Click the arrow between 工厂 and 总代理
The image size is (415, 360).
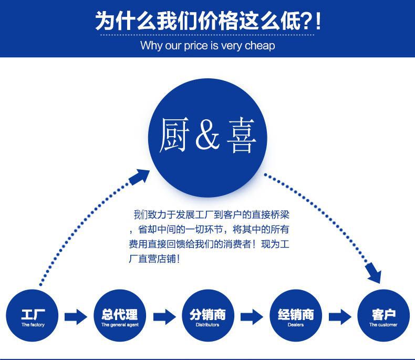(x=76, y=316)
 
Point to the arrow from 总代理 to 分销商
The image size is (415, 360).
(x=164, y=316)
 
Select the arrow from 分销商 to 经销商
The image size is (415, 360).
(x=251, y=316)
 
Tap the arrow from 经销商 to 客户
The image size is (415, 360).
(x=339, y=316)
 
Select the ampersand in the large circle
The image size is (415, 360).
(x=208, y=136)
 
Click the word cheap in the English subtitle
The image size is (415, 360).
(x=260, y=46)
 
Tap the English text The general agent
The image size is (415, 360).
(x=119, y=325)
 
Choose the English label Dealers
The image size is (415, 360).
(x=295, y=325)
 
